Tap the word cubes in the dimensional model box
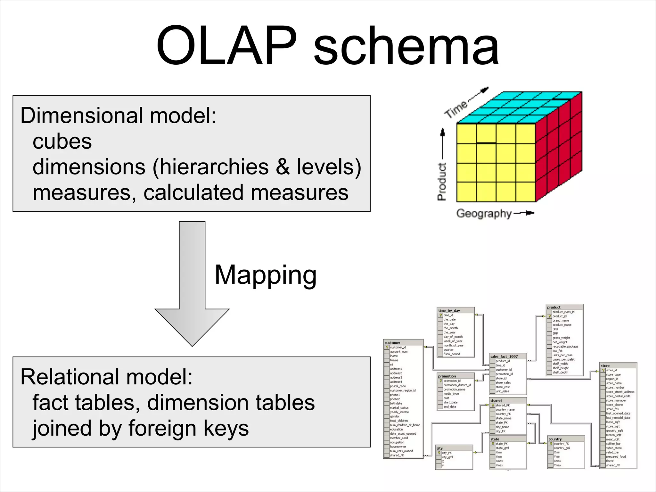click(x=62, y=141)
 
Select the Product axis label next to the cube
click(x=442, y=181)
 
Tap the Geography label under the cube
click(x=484, y=213)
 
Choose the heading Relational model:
click(x=106, y=377)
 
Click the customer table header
click(x=393, y=342)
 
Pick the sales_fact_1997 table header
click(x=504, y=356)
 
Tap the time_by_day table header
click(x=449, y=310)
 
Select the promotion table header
click(x=447, y=376)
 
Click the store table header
click(x=605, y=365)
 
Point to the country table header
click(x=555, y=439)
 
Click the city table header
click(x=440, y=448)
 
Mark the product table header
click(x=554, y=307)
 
